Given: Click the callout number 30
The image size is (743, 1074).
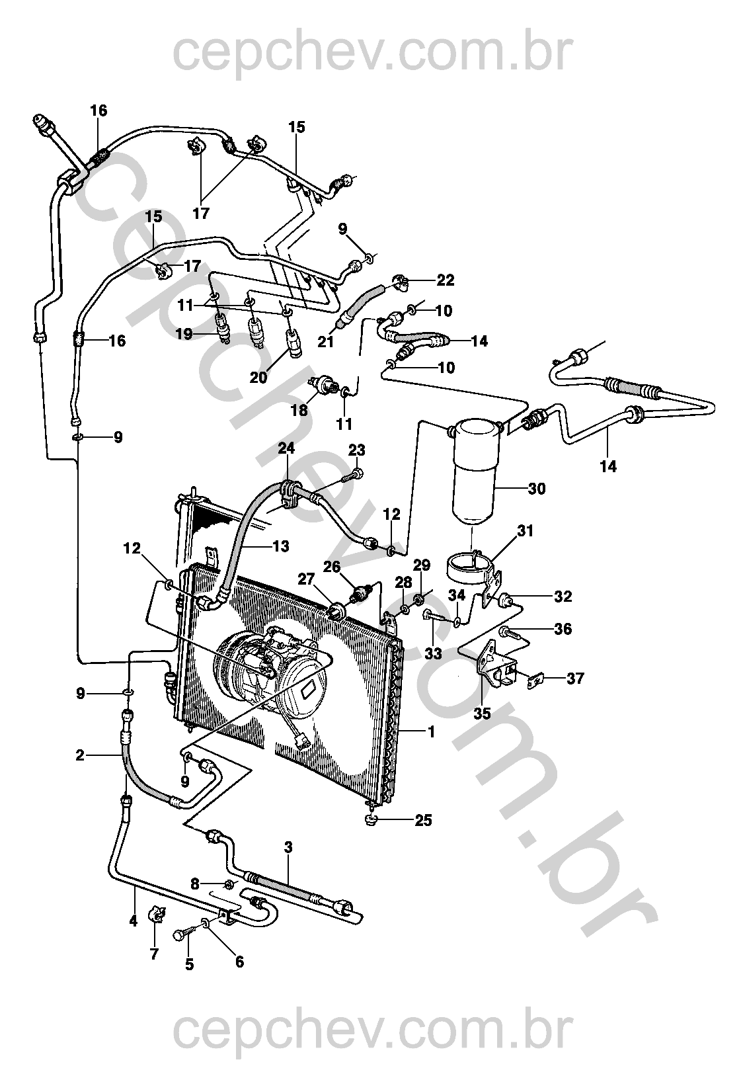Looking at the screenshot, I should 537,489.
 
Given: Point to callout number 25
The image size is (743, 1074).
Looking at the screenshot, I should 423,821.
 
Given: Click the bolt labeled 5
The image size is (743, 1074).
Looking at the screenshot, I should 181,934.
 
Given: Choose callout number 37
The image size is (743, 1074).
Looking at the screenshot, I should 575,679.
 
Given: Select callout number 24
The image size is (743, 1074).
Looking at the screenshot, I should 286,448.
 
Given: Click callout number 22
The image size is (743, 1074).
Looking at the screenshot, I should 446,280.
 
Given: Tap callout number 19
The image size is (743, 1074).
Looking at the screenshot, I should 184,334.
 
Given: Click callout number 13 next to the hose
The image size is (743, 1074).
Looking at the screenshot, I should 280,546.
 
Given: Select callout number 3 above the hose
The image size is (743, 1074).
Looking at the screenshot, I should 288,847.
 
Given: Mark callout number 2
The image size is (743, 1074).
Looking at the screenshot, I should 81,755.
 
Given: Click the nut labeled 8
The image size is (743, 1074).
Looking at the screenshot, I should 229,884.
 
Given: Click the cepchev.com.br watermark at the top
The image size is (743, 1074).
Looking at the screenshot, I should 370,52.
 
